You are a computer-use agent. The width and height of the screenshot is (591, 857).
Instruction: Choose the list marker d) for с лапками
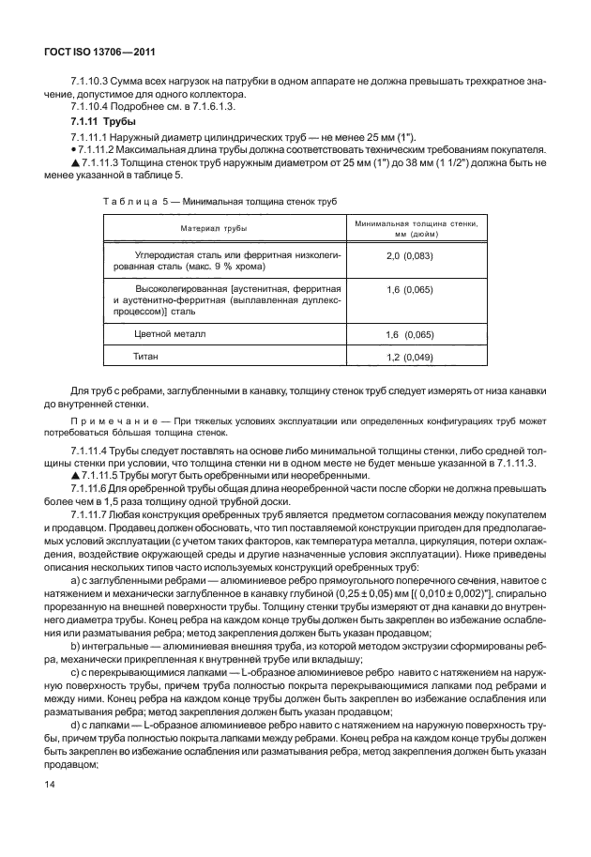76,740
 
